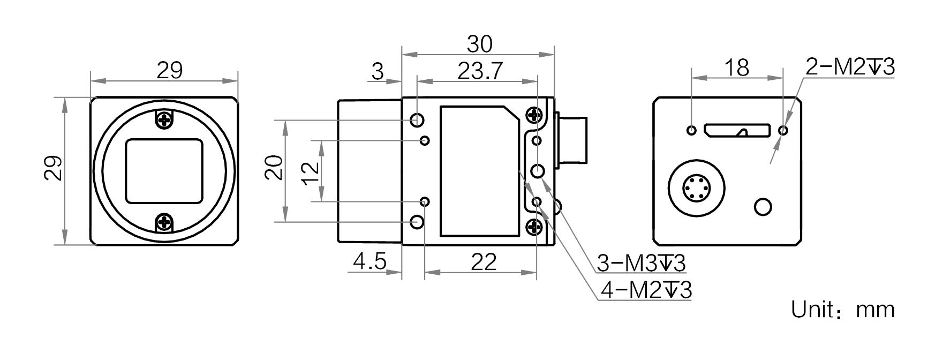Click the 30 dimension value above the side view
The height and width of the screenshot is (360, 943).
click(479, 44)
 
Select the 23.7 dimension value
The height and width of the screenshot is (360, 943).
click(480, 71)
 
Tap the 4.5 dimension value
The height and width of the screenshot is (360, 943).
click(369, 261)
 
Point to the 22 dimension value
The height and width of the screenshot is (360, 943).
click(484, 261)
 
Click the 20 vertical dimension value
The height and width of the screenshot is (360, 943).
click(273, 168)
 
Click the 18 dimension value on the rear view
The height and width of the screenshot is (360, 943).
click(736, 68)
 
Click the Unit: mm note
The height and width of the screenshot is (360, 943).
click(843, 309)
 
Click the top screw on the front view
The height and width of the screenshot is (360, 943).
click(164, 119)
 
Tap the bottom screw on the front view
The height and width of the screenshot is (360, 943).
click(164, 222)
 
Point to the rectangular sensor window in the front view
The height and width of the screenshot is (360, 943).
click(164, 171)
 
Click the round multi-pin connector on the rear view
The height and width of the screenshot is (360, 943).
click(697, 187)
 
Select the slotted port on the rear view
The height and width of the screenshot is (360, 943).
click(738, 130)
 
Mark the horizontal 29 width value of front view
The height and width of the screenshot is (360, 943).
click(169, 70)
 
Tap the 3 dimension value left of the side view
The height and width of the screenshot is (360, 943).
click(378, 71)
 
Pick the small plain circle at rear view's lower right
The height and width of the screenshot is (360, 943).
click(763, 207)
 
